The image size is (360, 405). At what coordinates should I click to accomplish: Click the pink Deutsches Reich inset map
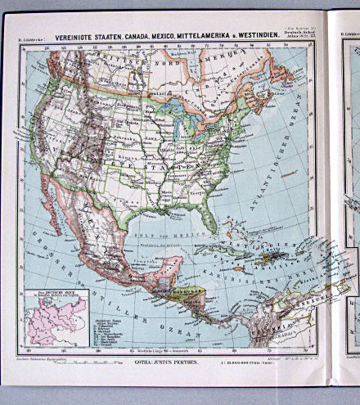(49, 322)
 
